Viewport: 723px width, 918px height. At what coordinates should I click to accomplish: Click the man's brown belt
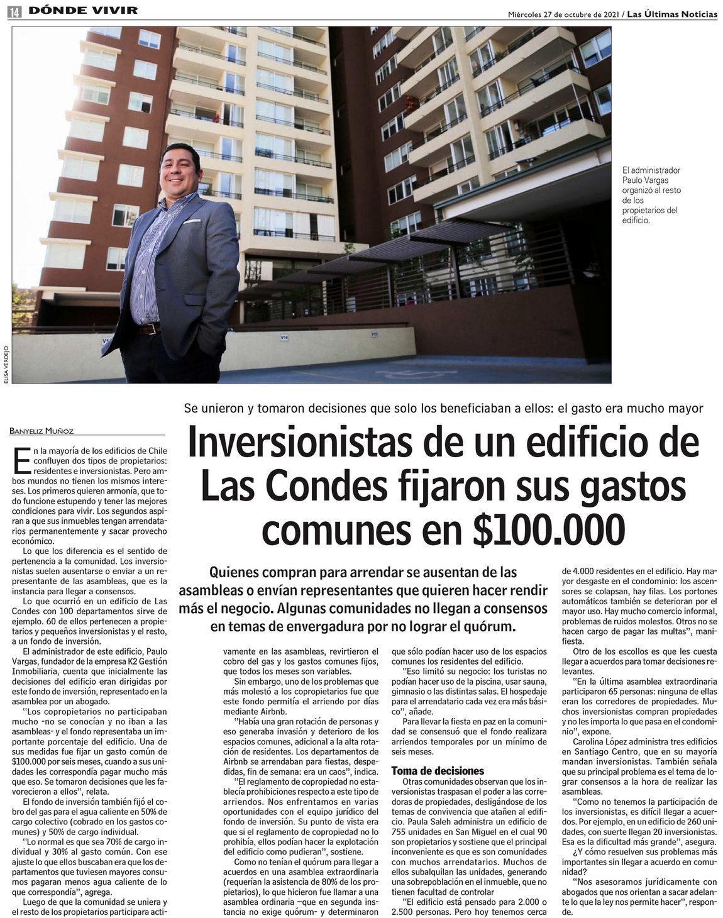tap(149, 329)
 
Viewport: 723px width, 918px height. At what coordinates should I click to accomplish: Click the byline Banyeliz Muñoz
tap(41, 431)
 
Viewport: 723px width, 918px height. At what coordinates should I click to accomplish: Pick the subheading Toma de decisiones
tap(438, 770)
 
